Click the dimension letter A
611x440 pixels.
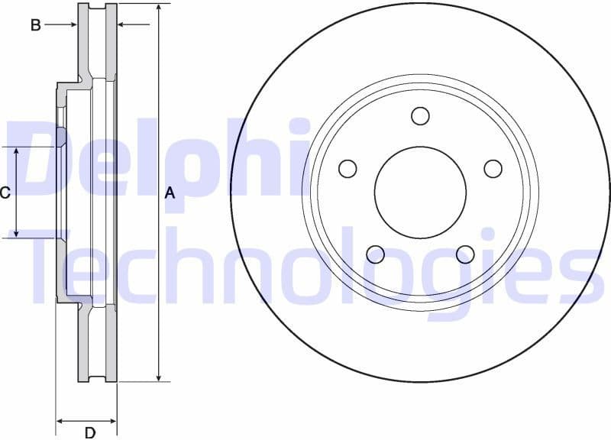tap(170, 193)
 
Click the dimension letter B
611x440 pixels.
tap(35, 25)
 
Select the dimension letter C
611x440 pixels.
tap(5, 192)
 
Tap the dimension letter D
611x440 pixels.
tap(89, 433)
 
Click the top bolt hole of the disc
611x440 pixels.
tap(420, 115)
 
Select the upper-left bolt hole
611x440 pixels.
tap(348, 169)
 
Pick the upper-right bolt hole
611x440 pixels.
tap(493, 169)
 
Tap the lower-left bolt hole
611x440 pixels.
tap(375, 254)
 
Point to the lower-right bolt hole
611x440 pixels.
tap(465, 254)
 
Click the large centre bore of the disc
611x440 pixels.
tap(420, 192)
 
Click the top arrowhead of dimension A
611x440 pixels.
tap(158, 8)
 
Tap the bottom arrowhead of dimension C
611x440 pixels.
tap(17, 232)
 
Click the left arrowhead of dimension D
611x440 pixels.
tap(61, 421)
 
